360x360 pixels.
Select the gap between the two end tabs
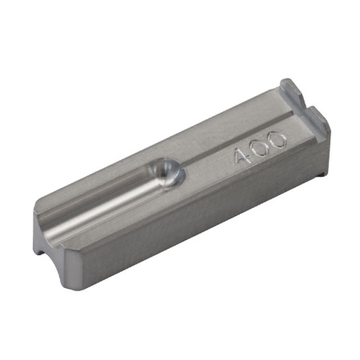[x=305, y=102]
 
